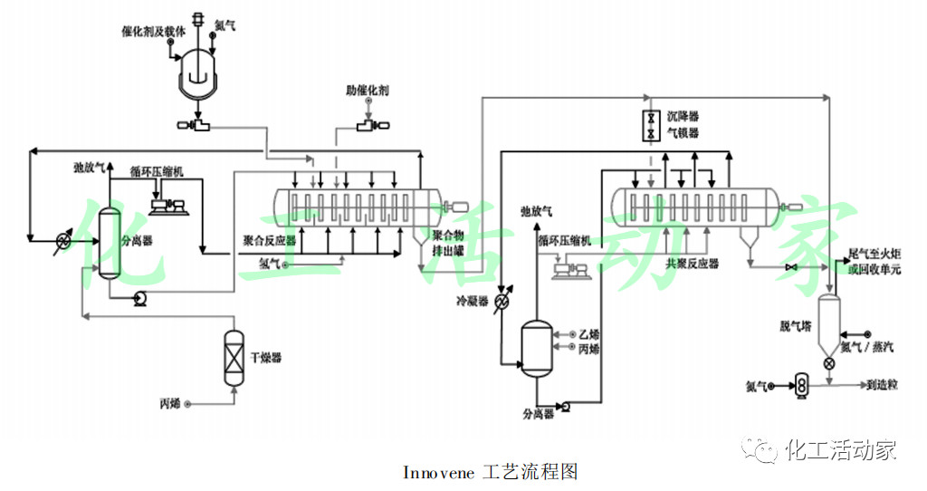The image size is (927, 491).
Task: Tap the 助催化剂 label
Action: (367, 91)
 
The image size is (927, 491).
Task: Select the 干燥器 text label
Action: (266, 358)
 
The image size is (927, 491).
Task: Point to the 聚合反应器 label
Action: (270, 242)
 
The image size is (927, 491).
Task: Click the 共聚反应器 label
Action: (692, 263)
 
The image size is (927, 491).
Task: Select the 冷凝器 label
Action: (472, 301)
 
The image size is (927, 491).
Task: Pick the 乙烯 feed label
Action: (588, 334)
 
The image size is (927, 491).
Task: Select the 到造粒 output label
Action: (882, 385)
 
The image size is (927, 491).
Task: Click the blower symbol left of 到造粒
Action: (800, 385)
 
